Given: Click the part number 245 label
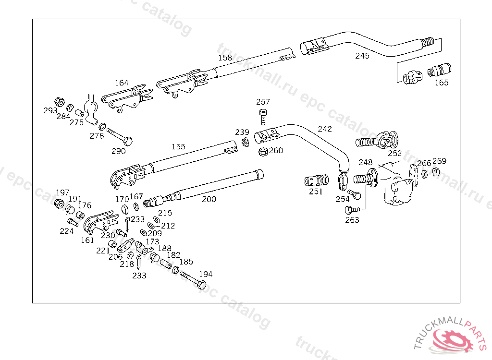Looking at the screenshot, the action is (362, 56).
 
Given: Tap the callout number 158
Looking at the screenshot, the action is (225, 58).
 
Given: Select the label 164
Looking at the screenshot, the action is (122, 83).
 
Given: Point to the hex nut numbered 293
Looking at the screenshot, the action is (59, 102).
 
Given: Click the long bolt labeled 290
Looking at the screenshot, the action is (120, 137).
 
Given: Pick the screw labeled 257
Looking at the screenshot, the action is (263, 116).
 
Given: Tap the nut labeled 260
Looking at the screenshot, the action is (263, 152).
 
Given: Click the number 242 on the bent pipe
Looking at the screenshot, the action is (325, 129).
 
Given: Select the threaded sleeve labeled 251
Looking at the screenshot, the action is (317, 181).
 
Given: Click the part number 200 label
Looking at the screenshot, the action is (209, 199).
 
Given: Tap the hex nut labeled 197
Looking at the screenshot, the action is (59, 204).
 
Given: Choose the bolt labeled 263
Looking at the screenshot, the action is (352, 209).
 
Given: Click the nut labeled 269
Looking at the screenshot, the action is (436, 171).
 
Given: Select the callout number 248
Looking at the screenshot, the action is (366, 162).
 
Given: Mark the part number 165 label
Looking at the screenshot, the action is (442, 83).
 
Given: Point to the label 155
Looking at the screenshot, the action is (178, 147).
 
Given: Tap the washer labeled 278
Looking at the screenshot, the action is (102, 127).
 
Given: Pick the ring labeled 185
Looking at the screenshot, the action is (176, 269).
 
